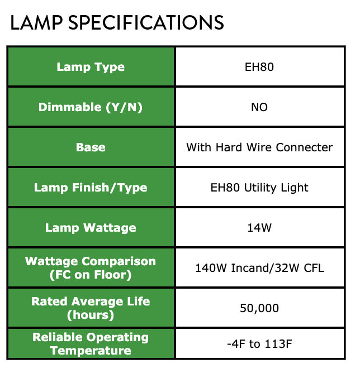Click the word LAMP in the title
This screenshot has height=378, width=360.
point(36,23)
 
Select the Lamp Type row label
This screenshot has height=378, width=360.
point(91,67)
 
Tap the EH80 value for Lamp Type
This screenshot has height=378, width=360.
point(259,67)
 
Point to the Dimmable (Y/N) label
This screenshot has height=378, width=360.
point(91,107)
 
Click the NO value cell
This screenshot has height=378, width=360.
point(259,107)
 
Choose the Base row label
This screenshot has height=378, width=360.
point(91,147)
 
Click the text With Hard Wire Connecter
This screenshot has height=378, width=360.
point(259,147)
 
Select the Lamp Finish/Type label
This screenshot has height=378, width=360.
point(91,188)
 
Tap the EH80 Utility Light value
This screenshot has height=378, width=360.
point(259,188)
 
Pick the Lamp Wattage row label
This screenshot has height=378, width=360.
point(91,228)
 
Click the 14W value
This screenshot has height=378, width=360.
point(259,228)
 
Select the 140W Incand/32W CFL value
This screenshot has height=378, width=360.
point(259,268)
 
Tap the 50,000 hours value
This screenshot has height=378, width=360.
point(259,308)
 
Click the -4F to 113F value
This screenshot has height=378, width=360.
point(259,344)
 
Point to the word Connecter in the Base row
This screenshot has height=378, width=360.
point(305,147)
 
